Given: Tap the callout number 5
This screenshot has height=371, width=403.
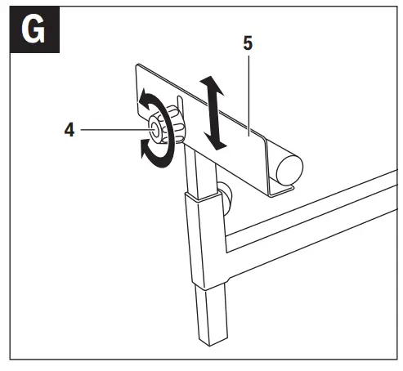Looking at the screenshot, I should pyautogui.click(x=247, y=43).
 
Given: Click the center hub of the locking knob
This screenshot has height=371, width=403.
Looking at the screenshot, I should pyautogui.click(x=154, y=130).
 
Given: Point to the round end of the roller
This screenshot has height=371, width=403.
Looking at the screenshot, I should pyautogui.click(x=289, y=168).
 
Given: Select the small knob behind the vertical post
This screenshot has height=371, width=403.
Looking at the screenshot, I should pyautogui.click(x=225, y=196).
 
